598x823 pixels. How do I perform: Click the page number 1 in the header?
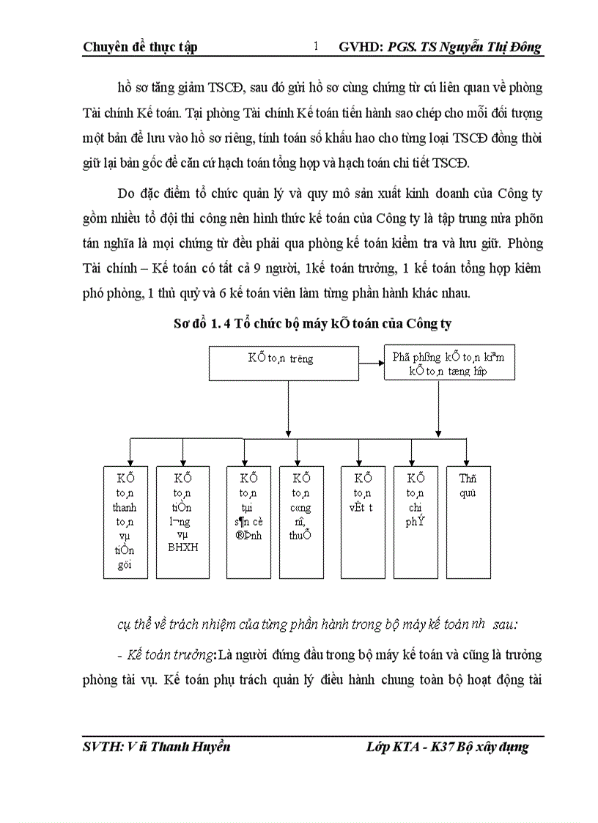[316, 47]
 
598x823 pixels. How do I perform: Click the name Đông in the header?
[523, 48]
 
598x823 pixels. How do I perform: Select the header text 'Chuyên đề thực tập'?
[140, 48]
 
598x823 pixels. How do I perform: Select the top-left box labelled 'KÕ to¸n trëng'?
[291, 359]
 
